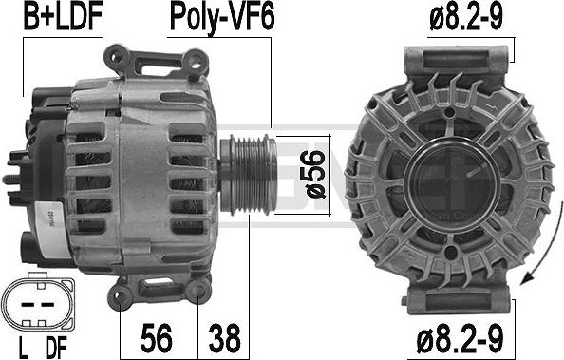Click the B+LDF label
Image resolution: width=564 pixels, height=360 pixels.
pos(64,16)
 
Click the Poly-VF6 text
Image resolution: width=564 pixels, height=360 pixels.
pos(222,17)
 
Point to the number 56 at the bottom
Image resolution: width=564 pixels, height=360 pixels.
pos(157,338)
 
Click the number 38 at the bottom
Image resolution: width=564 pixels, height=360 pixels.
pos(224,338)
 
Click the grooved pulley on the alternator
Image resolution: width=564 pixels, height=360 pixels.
pos(248,174)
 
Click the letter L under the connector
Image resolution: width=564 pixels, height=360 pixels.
pos(24,348)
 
